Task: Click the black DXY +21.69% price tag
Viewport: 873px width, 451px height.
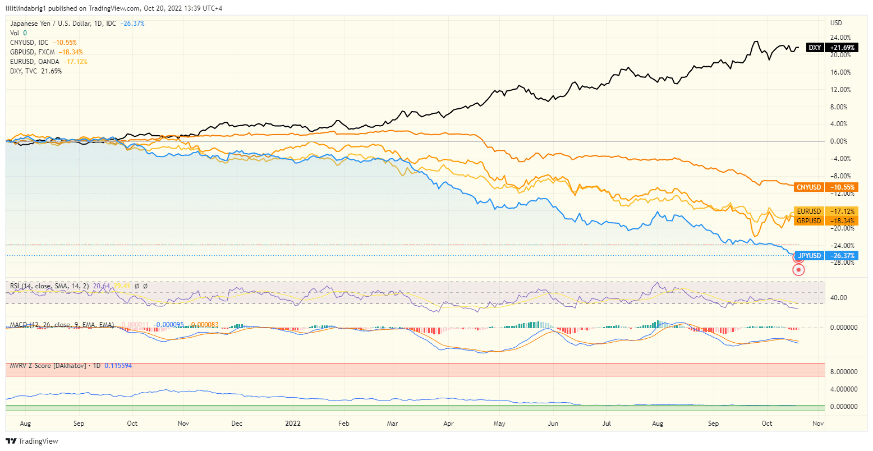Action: [x=832, y=48]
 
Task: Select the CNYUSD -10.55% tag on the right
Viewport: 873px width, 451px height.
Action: [x=826, y=187]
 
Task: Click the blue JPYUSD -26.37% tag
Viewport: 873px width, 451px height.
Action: [x=826, y=256]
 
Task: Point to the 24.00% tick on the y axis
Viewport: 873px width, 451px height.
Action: [x=840, y=38]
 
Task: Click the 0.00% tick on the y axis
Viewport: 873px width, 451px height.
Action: [x=839, y=141]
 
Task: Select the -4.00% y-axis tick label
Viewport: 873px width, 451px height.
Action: [x=840, y=159]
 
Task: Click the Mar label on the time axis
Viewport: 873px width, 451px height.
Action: [x=393, y=424]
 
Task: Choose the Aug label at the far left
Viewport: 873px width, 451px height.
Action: [x=25, y=424]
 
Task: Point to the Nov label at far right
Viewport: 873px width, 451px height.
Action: [x=818, y=424]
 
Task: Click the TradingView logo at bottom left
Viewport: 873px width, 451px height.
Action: [x=32, y=441]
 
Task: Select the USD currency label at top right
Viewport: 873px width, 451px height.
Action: [x=836, y=23]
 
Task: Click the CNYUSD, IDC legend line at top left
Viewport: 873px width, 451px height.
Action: [x=29, y=43]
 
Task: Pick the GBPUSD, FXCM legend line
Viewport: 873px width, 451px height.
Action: [x=33, y=52]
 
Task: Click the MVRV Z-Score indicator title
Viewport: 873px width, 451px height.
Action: [x=48, y=366]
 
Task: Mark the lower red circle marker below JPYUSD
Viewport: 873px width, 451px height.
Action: [x=798, y=270]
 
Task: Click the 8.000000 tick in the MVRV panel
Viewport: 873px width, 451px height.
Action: [x=842, y=371]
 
